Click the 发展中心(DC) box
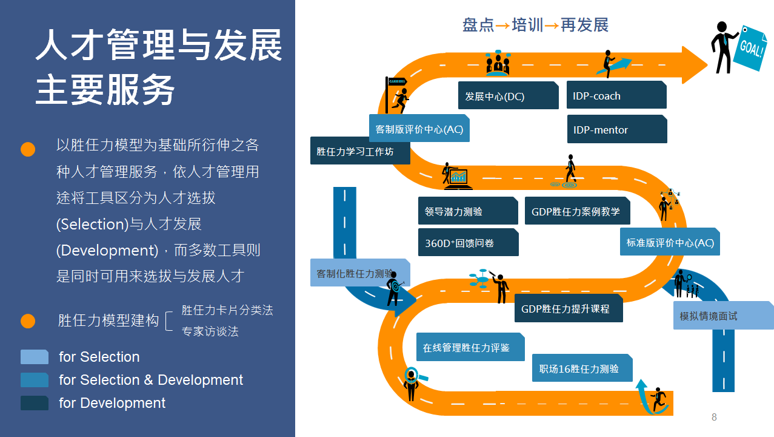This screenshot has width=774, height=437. tap(509, 95)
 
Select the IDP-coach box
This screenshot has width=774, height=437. tap(616, 95)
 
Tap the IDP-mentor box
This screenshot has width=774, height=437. tap(617, 129)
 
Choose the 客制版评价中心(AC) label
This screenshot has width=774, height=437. tap(419, 128)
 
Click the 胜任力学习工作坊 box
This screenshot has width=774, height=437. tap(360, 151)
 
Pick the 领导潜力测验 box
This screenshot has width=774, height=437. tap(468, 211)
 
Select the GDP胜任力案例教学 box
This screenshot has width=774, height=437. tap(578, 211)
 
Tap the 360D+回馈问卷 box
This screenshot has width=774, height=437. tap(468, 242)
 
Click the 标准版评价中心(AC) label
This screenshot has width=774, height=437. tap(670, 242)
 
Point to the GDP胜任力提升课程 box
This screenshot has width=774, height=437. tap(569, 308)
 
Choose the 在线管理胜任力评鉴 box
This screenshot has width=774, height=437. tap(470, 347)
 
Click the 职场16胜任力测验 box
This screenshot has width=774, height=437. tap(582, 368)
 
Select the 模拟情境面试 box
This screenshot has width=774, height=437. tap(724, 315)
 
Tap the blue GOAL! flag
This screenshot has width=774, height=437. tap(750, 49)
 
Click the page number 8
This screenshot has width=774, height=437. tap(714, 417)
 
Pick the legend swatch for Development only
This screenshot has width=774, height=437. tap(34, 403)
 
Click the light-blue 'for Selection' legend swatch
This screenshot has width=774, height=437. tap(34, 357)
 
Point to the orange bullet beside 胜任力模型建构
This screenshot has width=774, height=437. tap(28, 321)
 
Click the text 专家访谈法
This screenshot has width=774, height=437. tap(210, 331)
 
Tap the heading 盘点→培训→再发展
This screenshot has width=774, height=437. tap(535, 25)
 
